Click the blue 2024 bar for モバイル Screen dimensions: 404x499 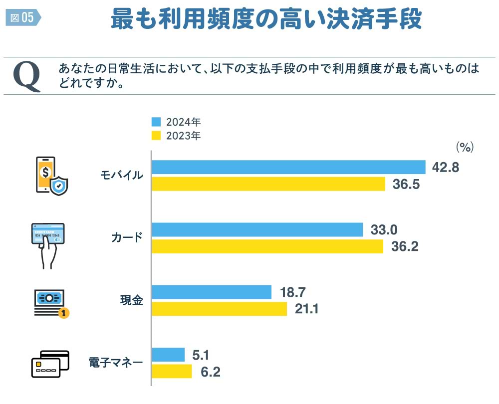click(x=288, y=167)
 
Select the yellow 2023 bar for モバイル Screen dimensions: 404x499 click(x=268, y=184)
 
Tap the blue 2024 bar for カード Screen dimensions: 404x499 click(x=257, y=229)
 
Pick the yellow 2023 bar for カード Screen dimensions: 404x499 click(x=267, y=246)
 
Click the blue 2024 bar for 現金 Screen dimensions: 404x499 click(x=212, y=292)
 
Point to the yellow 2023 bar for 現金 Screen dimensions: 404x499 click(x=219, y=309)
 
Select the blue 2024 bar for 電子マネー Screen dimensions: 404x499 click(x=168, y=355)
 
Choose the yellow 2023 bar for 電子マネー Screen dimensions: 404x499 click(x=172, y=372)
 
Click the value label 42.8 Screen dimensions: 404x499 click(x=446, y=168)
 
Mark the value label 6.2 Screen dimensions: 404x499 click(x=211, y=372)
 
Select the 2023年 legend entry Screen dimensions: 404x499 click(x=177, y=136)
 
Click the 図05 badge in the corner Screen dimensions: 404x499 click(x=22, y=18)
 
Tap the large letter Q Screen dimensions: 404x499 click(x=27, y=76)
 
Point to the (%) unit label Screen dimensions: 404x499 click(x=464, y=147)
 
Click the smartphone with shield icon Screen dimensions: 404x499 click(x=51, y=176)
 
